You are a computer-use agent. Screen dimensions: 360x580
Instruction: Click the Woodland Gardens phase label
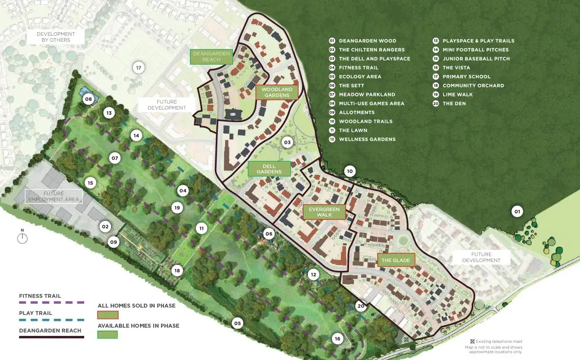(277, 92)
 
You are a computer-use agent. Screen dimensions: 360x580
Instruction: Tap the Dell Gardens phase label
(269, 169)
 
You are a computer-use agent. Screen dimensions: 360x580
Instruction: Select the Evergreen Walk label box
(324, 212)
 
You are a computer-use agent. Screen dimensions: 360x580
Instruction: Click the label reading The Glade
(395, 260)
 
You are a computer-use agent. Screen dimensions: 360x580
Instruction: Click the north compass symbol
(22, 238)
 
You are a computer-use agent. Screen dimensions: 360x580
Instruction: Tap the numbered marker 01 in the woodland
(516, 212)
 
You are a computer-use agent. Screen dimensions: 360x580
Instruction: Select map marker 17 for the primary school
(139, 68)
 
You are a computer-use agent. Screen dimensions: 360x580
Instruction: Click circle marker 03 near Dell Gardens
(287, 143)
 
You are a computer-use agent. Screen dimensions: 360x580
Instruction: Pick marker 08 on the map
(89, 99)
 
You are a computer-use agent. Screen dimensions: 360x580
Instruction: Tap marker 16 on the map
(337, 338)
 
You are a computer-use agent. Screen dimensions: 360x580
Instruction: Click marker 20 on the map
(361, 306)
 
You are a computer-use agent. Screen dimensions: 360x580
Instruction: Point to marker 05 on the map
(237, 323)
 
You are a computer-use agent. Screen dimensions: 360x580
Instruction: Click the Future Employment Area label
(54, 196)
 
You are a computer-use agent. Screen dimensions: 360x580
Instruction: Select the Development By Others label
(56, 37)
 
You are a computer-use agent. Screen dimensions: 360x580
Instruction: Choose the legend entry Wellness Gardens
(367, 139)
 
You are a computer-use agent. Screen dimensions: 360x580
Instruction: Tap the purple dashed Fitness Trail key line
(51, 303)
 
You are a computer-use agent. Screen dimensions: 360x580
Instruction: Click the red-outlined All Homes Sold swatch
(108, 315)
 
